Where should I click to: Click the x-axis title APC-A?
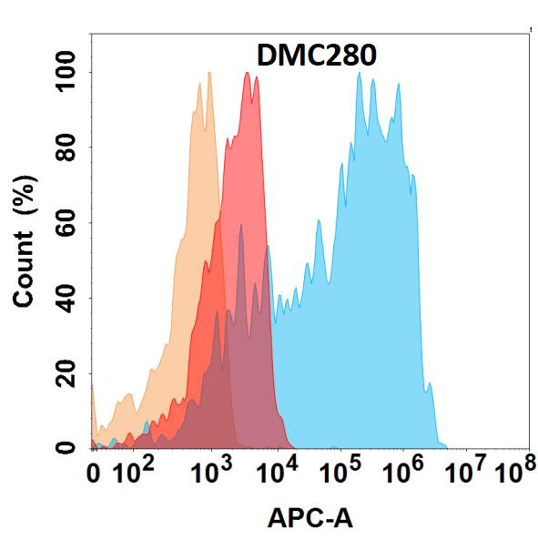[310, 518]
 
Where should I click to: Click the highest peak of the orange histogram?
[208, 73]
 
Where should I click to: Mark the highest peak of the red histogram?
[248, 74]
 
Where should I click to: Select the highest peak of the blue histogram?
[360, 74]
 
